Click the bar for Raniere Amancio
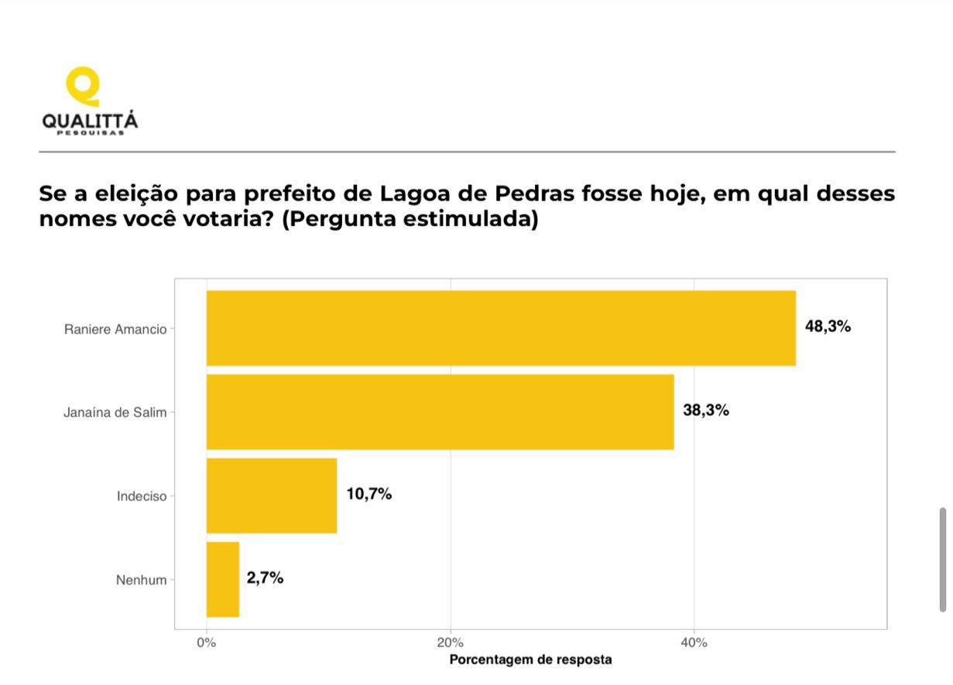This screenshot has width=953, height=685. (x=501, y=328)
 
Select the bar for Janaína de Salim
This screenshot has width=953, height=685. (x=440, y=412)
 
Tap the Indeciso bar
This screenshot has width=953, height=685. (x=272, y=495)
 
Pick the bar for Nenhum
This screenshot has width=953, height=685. (x=223, y=579)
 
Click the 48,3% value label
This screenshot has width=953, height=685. (x=828, y=327)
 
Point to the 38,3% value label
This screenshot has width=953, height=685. (x=705, y=410)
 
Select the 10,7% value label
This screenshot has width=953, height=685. (x=369, y=494)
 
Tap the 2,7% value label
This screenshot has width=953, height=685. (x=265, y=577)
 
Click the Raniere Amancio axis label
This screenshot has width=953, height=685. (x=115, y=329)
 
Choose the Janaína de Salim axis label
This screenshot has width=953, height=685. (x=115, y=413)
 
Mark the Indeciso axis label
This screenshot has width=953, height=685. (x=142, y=496)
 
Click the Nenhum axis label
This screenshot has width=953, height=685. (x=141, y=580)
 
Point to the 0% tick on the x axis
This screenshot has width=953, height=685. (x=207, y=642)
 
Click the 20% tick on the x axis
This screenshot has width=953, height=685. (x=451, y=642)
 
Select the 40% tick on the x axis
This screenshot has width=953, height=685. (x=694, y=642)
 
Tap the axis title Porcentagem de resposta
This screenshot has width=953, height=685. (x=530, y=660)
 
